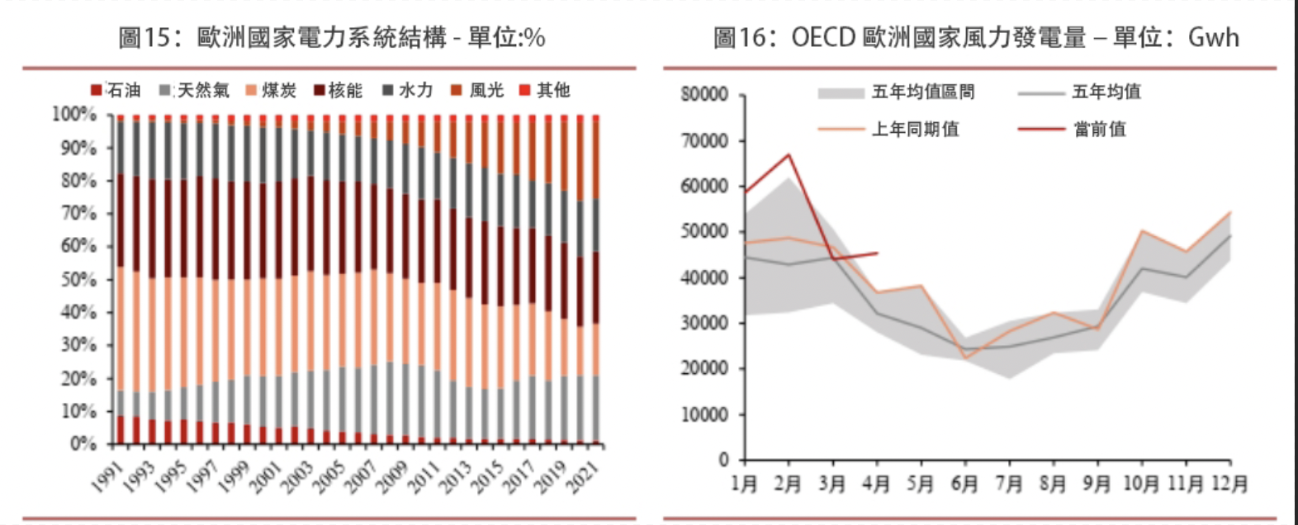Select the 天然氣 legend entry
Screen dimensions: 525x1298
tap(195, 90)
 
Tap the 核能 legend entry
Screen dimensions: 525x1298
tap(338, 90)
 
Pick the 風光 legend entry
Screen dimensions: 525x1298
tap(478, 90)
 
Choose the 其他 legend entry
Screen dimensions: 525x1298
tap(544, 90)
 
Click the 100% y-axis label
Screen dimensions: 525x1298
tap(75, 115)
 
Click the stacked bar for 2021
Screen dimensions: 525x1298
tap(596, 281)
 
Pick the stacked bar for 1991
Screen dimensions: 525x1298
tap(121, 281)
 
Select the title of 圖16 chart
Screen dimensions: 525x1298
tap(976, 37)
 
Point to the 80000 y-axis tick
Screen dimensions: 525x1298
tap(704, 95)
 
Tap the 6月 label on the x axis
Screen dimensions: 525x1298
tap(964, 483)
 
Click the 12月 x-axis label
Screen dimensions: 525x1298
tap(1229, 483)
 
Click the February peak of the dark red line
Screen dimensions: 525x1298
tap(789, 154)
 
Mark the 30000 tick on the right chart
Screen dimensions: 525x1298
tap(704, 324)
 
